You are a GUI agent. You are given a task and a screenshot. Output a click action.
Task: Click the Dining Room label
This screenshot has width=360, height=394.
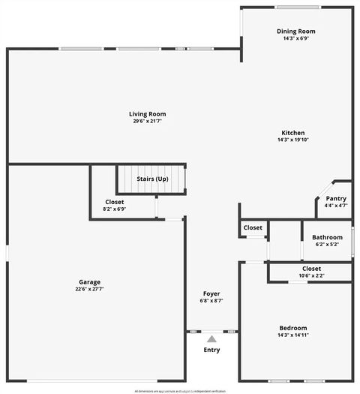(295, 32)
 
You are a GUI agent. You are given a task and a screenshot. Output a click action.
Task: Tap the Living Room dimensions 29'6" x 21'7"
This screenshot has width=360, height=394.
(147, 121)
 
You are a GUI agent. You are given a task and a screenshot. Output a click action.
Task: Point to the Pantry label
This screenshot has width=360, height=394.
(335, 198)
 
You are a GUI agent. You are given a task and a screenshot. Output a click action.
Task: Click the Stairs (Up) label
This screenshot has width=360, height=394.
(152, 179)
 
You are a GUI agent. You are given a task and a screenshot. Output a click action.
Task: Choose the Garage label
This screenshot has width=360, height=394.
(89, 282)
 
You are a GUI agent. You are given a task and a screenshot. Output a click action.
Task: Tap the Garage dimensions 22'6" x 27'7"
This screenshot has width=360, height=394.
(89, 289)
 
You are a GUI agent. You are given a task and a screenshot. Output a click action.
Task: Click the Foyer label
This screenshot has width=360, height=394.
(212, 293)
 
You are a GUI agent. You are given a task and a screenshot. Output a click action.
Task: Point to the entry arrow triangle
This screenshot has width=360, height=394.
(212, 339)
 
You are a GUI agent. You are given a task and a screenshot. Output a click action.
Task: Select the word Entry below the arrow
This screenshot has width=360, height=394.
(212, 350)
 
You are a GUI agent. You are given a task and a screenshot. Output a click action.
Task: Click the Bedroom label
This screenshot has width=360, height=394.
(292, 328)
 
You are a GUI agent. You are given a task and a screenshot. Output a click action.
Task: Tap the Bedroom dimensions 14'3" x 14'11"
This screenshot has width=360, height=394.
(292, 335)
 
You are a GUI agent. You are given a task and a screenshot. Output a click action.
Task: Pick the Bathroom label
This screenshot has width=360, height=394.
(327, 238)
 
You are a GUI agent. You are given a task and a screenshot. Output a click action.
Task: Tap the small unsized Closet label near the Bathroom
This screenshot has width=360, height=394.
(253, 227)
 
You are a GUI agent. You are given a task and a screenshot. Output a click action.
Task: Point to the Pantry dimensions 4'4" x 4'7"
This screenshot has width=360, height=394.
(335, 205)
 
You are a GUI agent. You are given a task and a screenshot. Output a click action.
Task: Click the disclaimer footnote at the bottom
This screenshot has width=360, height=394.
(179, 390)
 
